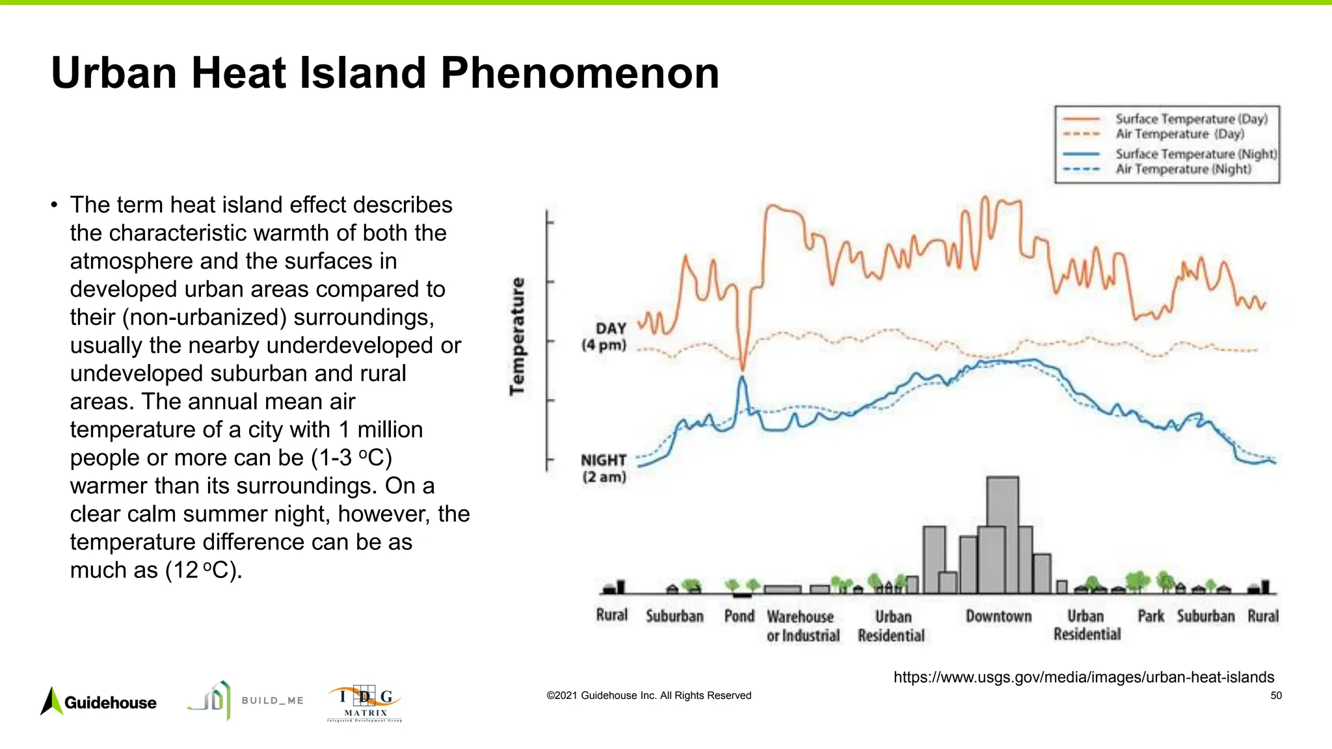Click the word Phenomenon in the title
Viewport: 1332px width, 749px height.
[x=579, y=73]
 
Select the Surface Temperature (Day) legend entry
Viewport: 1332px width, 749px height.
[x=1191, y=119]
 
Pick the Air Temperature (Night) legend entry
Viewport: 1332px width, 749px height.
[x=1182, y=169]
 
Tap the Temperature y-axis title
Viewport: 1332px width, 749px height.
[x=517, y=336]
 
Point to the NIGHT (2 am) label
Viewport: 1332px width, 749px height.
[x=604, y=468]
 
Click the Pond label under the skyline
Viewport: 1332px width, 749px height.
[x=739, y=616]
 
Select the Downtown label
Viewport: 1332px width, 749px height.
[x=998, y=616]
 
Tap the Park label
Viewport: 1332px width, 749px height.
[x=1151, y=616]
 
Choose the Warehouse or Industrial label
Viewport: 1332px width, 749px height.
[x=803, y=625]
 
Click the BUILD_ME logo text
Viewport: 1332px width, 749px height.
[x=273, y=700]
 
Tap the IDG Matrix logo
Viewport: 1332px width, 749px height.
[x=365, y=703]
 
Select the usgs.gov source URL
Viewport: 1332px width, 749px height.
[x=1084, y=677]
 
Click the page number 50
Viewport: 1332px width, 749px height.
[x=1276, y=696]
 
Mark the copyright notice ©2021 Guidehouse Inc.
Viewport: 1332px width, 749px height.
[x=648, y=696]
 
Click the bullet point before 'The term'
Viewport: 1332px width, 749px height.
[x=54, y=205]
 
